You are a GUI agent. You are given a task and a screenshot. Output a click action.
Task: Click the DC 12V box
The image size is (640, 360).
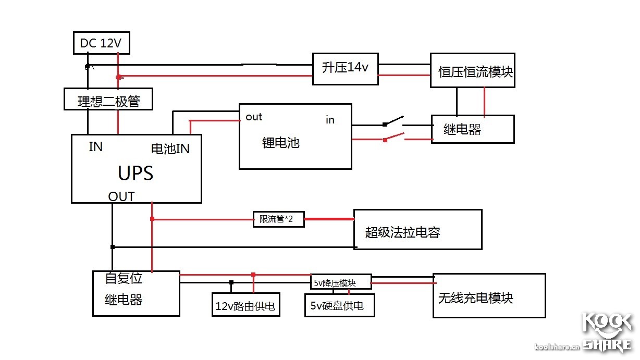pos(101,43)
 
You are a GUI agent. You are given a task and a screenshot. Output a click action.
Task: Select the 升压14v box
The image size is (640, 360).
pos(345,68)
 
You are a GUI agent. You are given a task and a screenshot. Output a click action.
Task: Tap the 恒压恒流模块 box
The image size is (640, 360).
pos(472,70)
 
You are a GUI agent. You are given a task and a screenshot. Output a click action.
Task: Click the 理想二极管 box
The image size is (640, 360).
pos(108,99)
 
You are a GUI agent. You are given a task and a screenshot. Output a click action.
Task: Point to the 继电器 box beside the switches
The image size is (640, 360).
pos(472,129)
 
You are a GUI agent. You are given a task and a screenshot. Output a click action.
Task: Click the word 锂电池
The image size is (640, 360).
pos(280,142)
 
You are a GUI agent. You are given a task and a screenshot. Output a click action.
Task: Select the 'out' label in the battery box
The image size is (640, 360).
pos(254,117)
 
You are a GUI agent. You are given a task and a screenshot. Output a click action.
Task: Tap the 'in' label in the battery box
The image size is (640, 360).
pos(330,120)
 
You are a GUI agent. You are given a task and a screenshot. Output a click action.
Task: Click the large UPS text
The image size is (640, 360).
pos(136,173)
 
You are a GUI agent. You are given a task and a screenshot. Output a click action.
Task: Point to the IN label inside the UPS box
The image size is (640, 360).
pos(96,147)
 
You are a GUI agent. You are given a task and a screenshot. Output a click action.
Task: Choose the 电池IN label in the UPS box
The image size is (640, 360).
pos(170,148)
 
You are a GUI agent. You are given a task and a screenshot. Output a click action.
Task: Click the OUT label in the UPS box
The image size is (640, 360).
pos(121,196)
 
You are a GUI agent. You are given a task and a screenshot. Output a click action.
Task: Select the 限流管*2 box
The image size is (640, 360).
pos(279,219)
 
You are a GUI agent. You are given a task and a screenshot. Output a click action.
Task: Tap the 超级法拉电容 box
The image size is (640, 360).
pos(417,230)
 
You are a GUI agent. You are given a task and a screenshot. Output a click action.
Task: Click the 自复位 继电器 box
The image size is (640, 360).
pos(136,293)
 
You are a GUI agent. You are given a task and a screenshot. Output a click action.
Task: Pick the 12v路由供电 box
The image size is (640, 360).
pos(245,305)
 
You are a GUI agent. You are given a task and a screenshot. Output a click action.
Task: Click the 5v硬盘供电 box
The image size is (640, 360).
pos(340,305)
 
